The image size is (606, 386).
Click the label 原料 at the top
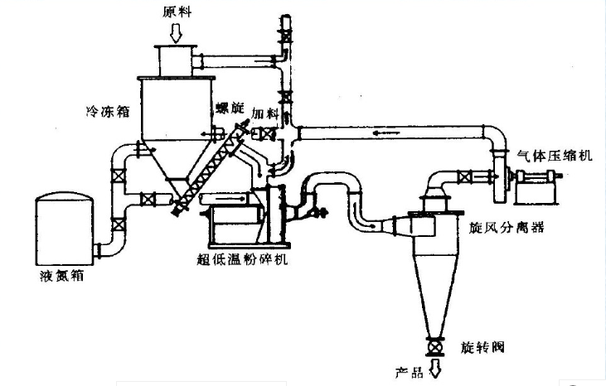[x=177, y=12]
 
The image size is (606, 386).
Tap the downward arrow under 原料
[x=176, y=34]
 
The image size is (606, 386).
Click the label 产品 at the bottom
[x=408, y=369]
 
